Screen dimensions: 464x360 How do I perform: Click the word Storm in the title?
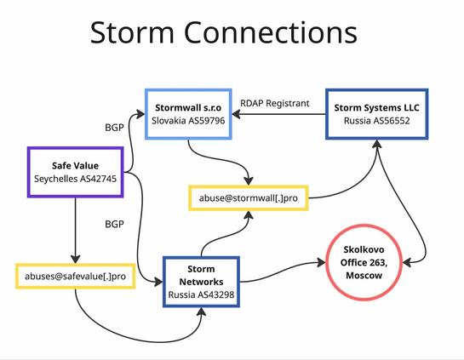click(x=132, y=32)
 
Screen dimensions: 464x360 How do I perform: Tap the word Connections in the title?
click(x=271, y=32)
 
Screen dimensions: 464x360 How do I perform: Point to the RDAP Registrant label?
click(x=275, y=103)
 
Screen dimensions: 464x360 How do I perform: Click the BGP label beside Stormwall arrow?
click(x=114, y=128)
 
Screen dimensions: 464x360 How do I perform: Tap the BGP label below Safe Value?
click(x=114, y=224)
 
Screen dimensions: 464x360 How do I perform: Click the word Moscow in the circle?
click(x=364, y=276)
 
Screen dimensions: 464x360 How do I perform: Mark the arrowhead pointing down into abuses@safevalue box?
click(x=76, y=259)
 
